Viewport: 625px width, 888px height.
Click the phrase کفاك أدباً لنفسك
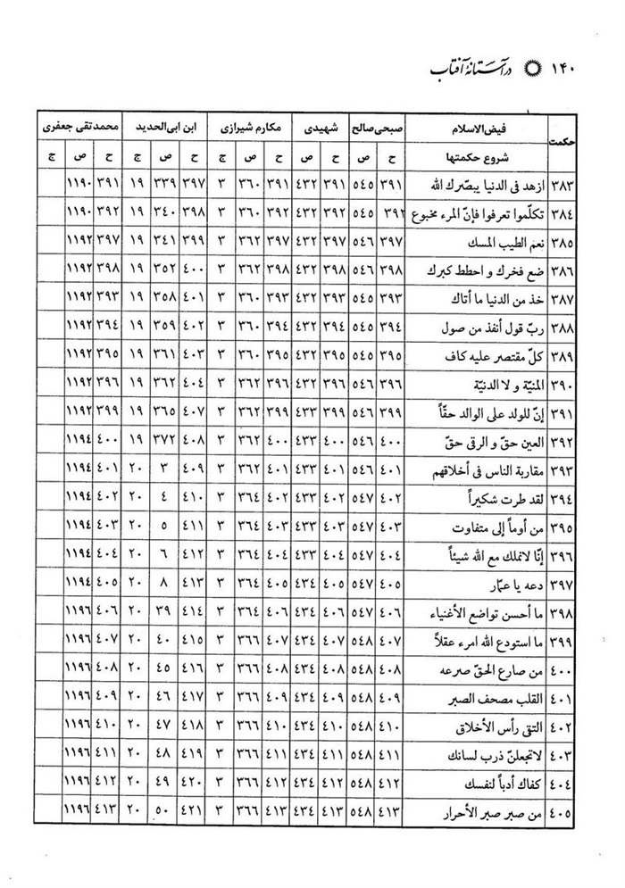[495, 784]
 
